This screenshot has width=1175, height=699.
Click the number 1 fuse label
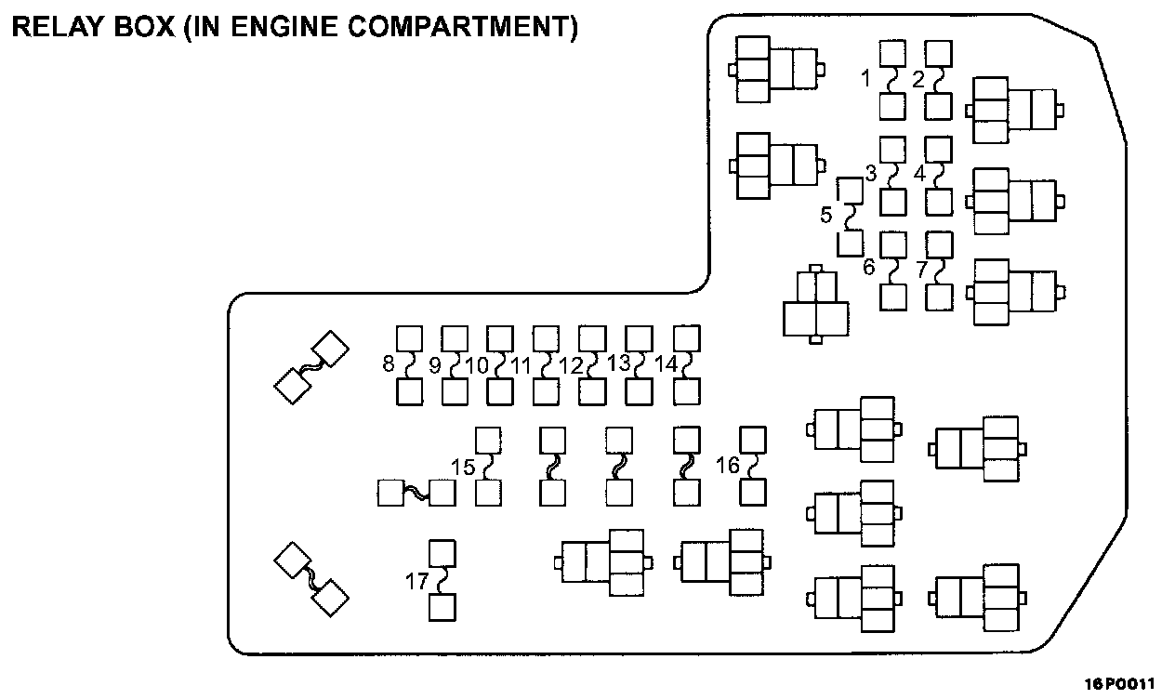point(866,79)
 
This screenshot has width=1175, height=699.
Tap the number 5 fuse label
point(826,216)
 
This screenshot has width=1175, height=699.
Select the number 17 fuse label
point(416,581)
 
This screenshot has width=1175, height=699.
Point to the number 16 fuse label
point(728,465)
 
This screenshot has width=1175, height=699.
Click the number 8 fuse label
point(389,363)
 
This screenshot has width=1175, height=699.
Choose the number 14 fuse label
point(666,364)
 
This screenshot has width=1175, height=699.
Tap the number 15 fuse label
point(463,465)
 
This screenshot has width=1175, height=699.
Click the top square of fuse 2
point(938,53)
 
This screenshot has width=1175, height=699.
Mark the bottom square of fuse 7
point(940,297)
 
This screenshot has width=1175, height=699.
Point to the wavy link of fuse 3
point(893,175)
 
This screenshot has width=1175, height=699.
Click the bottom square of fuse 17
point(442,608)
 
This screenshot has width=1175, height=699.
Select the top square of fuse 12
point(592,337)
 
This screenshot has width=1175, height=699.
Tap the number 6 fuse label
point(869,268)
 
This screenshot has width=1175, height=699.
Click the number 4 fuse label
point(920,173)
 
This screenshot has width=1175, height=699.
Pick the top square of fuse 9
point(455,337)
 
